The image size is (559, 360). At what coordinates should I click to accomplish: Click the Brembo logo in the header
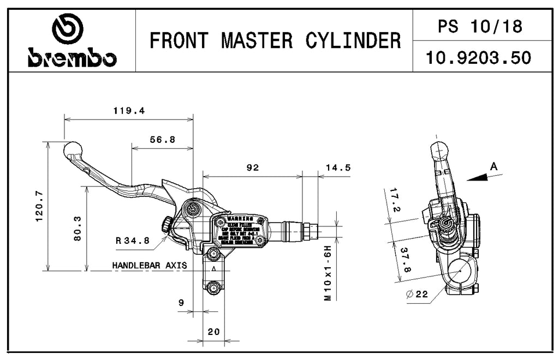tap(72, 40)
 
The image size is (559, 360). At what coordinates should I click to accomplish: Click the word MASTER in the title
tap(259, 40)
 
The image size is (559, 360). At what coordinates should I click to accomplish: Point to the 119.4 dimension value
tap(129, 111)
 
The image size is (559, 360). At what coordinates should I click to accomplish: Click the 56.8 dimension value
tap(162, 140)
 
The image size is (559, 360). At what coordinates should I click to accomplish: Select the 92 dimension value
tap(252, 168)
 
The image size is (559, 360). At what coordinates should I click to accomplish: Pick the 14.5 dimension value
tap(338, 168)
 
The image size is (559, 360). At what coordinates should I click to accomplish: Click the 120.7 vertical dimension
tap(39, 206)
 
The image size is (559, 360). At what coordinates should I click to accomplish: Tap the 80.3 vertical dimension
tap(77, 228)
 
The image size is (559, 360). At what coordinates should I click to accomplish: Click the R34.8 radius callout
tap(133, 240)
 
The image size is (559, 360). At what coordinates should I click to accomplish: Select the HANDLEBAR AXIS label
tap(149, 266)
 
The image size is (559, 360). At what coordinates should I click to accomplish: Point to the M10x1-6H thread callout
tap(328, 273)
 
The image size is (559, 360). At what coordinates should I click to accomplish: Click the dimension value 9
tap(181, 303)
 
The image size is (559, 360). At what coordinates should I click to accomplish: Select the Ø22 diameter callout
tap(417, 295)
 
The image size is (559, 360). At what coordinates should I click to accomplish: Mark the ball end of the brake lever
tap(73, 149)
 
